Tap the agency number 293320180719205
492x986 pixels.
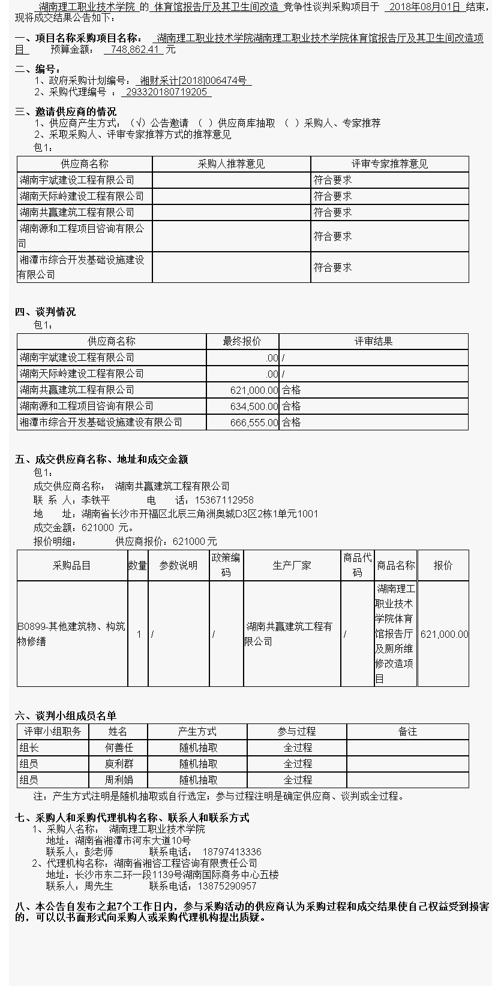(x=167, y=92)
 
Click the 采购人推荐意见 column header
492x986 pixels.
(x=231, y=164)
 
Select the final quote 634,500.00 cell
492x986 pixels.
(x=254, y=406)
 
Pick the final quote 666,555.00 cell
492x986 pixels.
(x=254, y=422)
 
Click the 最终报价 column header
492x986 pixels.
(x=242, y=341)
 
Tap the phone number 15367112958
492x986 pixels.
(x=224, y=500)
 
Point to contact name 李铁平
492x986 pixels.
(x=96, y=500)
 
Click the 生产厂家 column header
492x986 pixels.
(x=292, y=565)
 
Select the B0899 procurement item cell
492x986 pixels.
(x=71, y=634)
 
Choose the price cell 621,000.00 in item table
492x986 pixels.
(x=444, y=634)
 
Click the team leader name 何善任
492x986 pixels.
(x=119, y=747)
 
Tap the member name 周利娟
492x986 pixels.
(x=119, y=780)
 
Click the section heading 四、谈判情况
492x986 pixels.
(x=46, y=312)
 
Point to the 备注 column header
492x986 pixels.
(x=407, y=731)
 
